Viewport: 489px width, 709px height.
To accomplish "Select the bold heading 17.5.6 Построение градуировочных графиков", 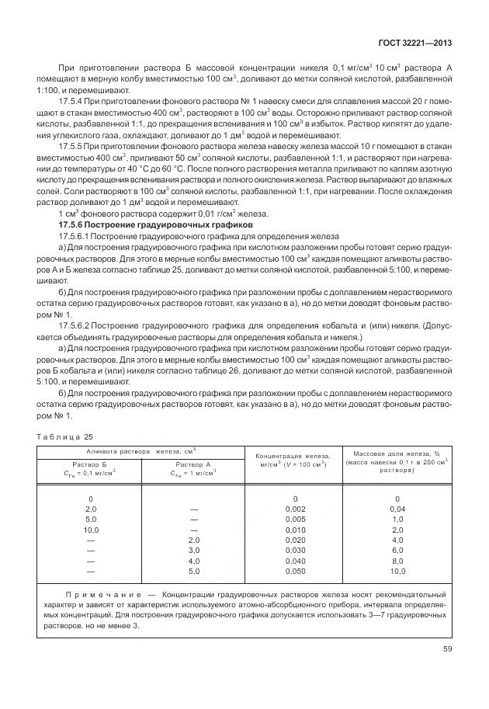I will click(150, 224).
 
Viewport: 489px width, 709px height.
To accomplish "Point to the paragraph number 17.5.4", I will click(75, 102).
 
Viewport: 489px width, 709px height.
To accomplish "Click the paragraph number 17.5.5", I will click(75, 146).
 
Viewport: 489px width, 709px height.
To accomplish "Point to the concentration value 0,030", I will click(296, 549).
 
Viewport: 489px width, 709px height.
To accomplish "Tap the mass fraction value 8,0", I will click(397, 560).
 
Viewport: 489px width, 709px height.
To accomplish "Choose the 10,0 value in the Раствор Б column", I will click(90, 529).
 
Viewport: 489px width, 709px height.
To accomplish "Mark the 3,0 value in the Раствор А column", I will click(194, 549).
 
